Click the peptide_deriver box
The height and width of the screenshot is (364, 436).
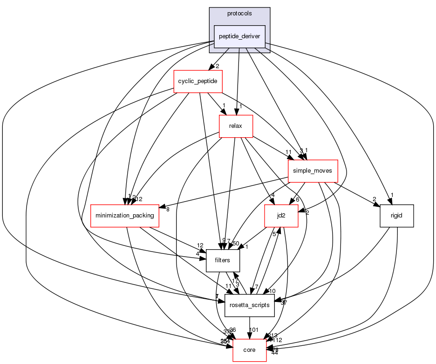[x=239, y=36]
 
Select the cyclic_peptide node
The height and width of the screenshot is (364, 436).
[x=198, y=82]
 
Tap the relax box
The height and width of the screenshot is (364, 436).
[x=236, y=126]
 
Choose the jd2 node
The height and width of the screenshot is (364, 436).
[x=281, y=216]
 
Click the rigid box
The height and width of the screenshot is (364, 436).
[x=397, y=216]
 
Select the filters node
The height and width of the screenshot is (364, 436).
[x=223, y=260]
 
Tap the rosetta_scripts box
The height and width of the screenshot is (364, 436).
[x=249, y=305]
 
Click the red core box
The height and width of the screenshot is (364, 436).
[x=250, y=350]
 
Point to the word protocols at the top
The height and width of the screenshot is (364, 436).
[x=239, y=14]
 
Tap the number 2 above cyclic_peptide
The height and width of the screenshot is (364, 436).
[x=217, y=66]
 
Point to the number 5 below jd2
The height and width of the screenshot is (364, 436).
[x=274, y=234]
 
